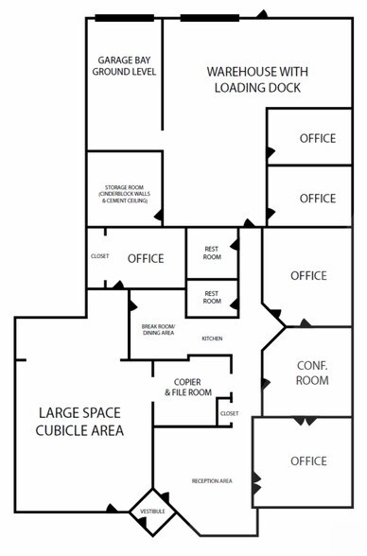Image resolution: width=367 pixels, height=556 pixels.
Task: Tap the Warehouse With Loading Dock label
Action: point(257,79)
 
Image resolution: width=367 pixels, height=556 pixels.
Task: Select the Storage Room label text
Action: point(124,194)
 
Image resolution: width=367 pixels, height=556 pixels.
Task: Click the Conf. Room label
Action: point(311,373)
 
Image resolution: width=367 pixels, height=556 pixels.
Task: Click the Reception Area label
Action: point(212,481)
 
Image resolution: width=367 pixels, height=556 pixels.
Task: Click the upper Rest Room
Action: point(212,252)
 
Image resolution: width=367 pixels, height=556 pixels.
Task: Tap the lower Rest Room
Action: point(212,297)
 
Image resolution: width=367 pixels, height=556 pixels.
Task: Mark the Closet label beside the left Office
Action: point(99,256)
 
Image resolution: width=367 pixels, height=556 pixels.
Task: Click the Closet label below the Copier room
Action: point(229,413)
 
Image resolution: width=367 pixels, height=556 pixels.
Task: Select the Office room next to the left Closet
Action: point(146,258)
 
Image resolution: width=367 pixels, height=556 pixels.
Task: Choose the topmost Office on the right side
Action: point(317,138)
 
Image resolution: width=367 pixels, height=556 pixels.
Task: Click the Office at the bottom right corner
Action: point(307,460)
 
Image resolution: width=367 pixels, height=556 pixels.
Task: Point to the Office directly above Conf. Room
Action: point(308,275)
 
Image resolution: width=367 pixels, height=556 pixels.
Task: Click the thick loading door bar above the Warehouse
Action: point(209,16)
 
